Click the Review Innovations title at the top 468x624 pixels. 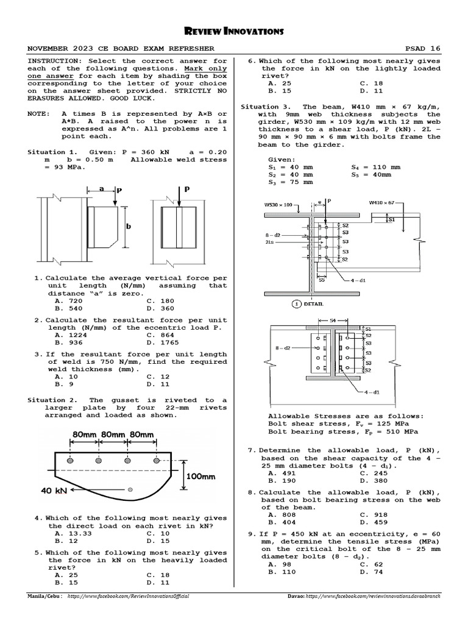pyautogui.click(x=233, y=31)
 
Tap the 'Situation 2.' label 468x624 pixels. pyautogui.click(x=52, y=400)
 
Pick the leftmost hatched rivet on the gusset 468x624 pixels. pyautogui.click(x=71, y=463)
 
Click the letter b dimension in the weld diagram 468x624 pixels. pyautogui.click(x=129, y=227)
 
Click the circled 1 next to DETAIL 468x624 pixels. pyautogui.click(x=297, y=303)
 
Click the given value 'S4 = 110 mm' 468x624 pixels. pyautogui.click(x=376, y=167)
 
